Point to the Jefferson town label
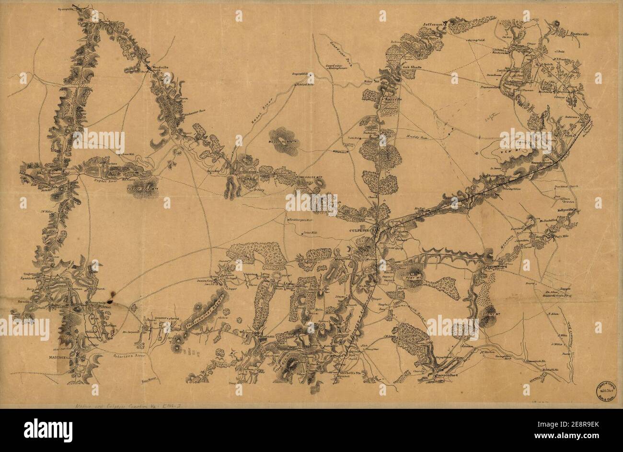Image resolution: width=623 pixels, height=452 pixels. (433, 23)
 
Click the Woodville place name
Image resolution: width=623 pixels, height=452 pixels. (160, 68)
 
